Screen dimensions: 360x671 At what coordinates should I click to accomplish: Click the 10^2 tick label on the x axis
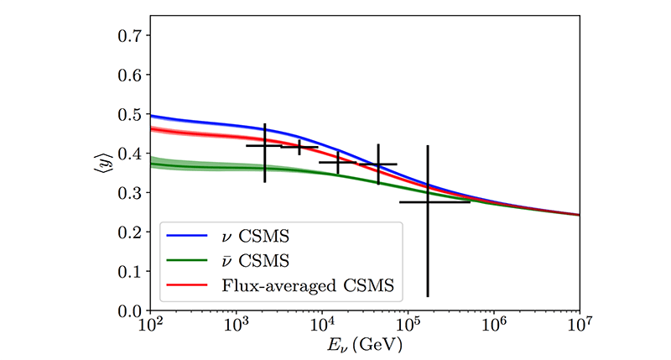(x=150, y=326)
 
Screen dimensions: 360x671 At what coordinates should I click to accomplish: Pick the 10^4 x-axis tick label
(x=322, y=326)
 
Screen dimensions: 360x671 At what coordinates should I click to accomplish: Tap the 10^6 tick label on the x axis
(x=494, y=326)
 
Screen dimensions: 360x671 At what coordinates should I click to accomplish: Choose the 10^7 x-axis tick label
(x=580, y=326)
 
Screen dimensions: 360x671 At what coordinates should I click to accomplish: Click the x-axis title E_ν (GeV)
(x=365, y=346)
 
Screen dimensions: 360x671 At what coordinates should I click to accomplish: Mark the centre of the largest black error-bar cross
(x=428, y=201)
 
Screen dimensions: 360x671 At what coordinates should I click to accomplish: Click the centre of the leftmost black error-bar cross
(x=265, y=146)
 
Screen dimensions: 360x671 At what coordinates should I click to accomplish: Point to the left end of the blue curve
(x=150, y=115)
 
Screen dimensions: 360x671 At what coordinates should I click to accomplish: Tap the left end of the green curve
(x=150, y=164)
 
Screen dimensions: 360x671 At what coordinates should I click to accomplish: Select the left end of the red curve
(x=150, y=128)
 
